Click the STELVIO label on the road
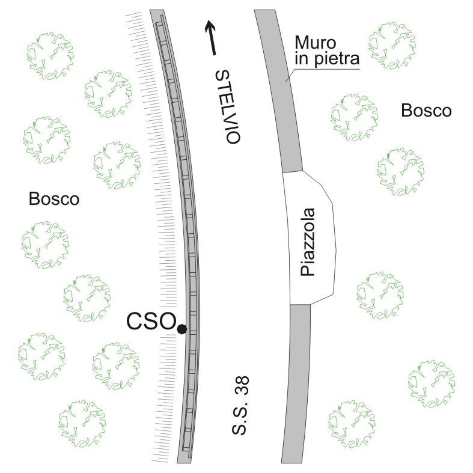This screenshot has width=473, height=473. point(228,106)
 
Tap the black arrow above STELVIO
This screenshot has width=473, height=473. point(211,37)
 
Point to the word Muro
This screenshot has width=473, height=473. point(313,42)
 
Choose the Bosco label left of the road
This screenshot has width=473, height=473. point(54,199)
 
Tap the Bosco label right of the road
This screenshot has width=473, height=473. point(426,111)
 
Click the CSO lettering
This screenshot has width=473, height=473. point(150,322)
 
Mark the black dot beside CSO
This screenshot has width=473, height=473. point(182,328)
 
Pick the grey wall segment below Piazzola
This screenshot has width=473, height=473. point(294,385)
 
